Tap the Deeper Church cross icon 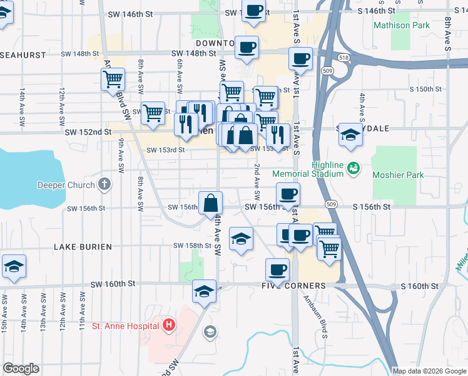pos(104,185)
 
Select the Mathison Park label pos(401,26)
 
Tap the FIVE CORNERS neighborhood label pos(295,286)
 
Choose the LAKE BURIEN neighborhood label pos(83,247)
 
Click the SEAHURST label pos(23,55)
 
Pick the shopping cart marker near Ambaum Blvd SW pos(113,79)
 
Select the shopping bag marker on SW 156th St pos(211,202)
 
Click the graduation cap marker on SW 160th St pos(204,291)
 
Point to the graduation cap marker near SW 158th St pos(241,238)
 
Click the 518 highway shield pos(344,57)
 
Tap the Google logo pos(21,368)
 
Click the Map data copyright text pos(429,371)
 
